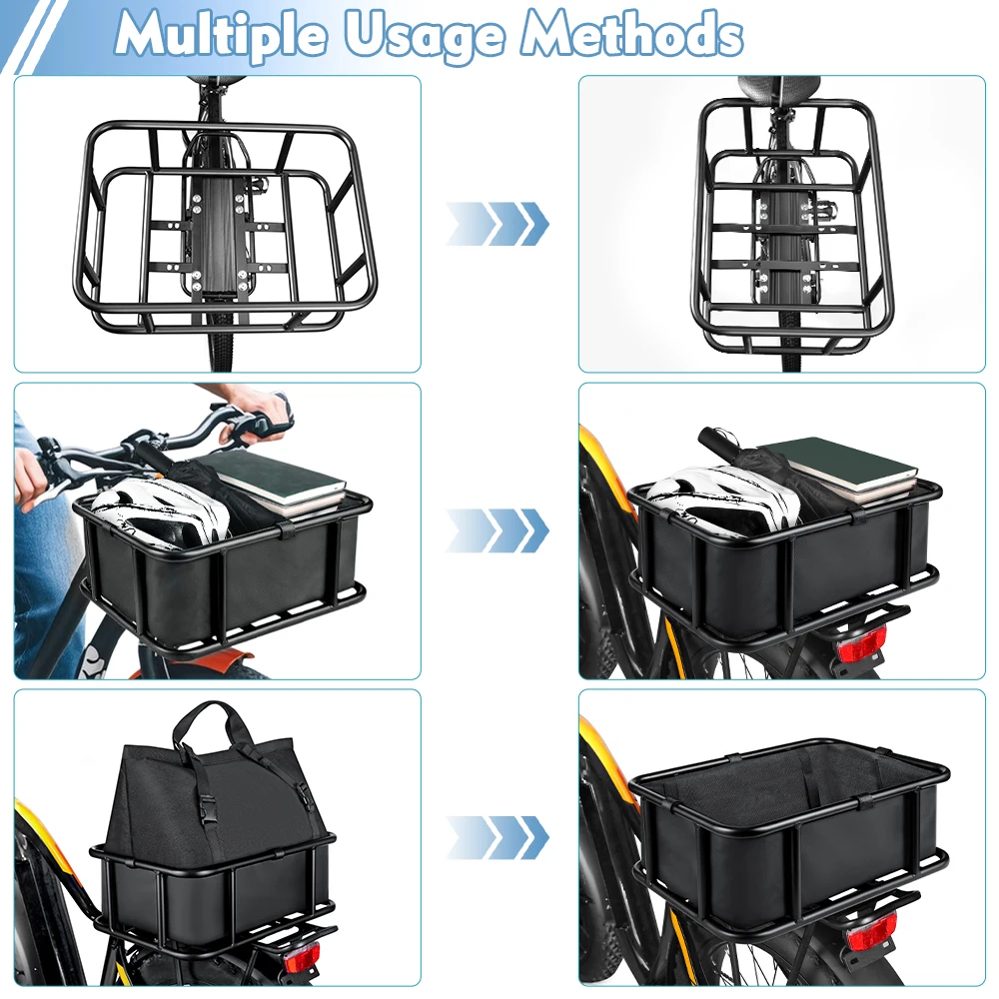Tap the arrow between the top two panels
(x=497, y=224)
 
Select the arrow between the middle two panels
(x=497, y=530)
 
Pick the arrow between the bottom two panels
(x=497, y=837)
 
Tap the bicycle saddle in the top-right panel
(x=778, y=87)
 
